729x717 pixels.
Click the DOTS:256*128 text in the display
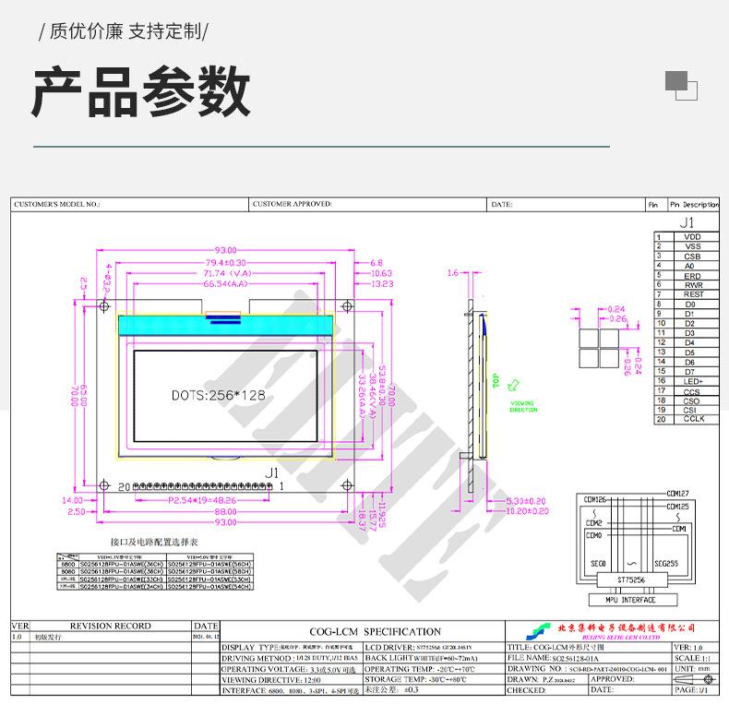218,395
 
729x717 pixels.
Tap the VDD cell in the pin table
692,237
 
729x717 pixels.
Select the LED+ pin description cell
692,381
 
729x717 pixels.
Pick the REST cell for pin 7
692,294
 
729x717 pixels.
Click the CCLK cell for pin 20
692,419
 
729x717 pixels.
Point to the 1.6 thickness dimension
452,273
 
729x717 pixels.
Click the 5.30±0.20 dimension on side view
527,500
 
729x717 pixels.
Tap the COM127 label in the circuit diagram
677,494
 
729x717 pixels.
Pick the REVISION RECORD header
111,626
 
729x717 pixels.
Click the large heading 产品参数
140,92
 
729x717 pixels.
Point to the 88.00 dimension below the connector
225,511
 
